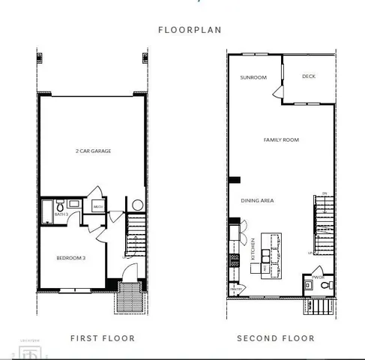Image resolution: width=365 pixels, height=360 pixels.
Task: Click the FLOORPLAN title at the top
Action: click(184, 31)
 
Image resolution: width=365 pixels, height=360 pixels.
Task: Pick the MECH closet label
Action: click(97, 206)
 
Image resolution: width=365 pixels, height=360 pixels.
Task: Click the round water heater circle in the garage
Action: click(138, 205)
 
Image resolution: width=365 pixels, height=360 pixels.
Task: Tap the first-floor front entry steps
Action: click(124, 298)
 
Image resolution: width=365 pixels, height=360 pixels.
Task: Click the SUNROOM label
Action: click(253, 77)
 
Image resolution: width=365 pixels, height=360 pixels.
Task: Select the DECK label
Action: click(308, 76)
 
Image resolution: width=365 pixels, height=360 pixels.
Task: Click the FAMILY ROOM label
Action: click(281, 139)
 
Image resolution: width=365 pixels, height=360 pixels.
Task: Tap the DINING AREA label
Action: click(256, 201)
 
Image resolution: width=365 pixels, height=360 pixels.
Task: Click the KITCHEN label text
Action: click(253, 247)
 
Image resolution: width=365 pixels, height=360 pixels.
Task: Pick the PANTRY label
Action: click(236, 288)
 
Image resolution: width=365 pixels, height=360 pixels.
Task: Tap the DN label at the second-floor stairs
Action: click(325, 193)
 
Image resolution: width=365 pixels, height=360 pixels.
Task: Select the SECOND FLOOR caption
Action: click(276, 338)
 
